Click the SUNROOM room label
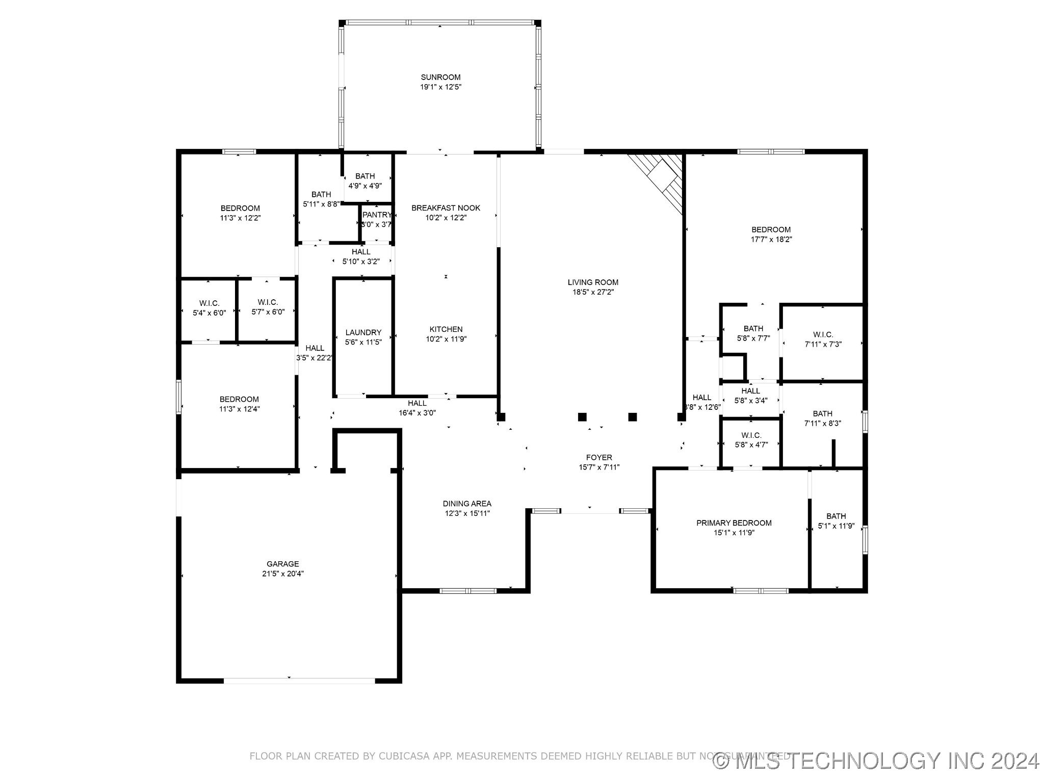coord(441,77)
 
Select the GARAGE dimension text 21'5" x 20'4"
coord(282,573)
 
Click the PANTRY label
coord(377,215)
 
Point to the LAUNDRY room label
coord(363,332)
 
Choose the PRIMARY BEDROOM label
coord(734,523)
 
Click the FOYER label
coord(598,458)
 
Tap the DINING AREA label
coord(466,504)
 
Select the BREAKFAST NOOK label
coord(446,208)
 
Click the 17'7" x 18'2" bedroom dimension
coord(770,239)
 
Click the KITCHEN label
coord(446,329)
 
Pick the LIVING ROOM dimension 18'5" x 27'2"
coord(593,292)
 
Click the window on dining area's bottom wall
coord(467,591)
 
